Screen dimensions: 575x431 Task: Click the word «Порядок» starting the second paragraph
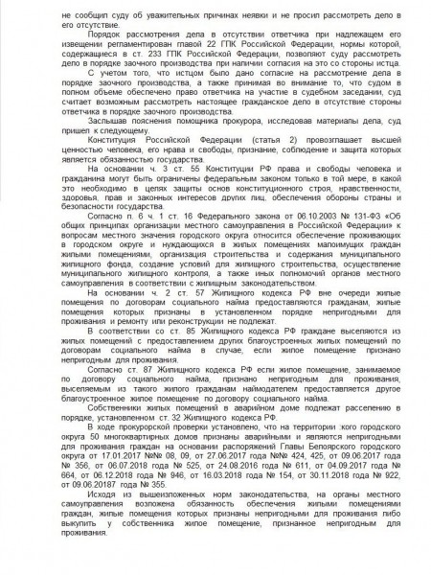pos(95,33)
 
